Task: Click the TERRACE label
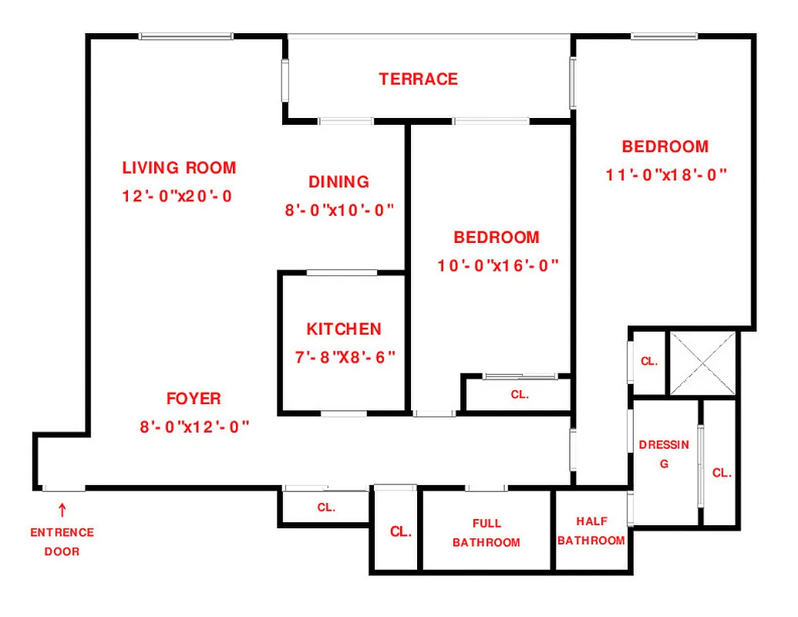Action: (418, 79)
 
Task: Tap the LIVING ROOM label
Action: (179, 167)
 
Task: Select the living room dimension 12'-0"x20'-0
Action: (177, 196)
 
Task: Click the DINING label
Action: (338, 182)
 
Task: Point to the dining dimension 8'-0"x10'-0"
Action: (339, 210)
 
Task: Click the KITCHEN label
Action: (344, 329)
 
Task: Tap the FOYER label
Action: (194, 399)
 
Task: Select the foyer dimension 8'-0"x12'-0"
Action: (194, 427)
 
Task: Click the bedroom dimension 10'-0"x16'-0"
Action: (497, 266)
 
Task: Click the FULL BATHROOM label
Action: (487, 533)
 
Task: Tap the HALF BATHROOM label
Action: (591, 531)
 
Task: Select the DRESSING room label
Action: (664, 454)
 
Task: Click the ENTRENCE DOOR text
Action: (62, 542)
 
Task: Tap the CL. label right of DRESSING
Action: (722, 474)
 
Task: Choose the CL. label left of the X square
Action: (648, 362)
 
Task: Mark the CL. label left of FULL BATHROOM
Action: (400, 532)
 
